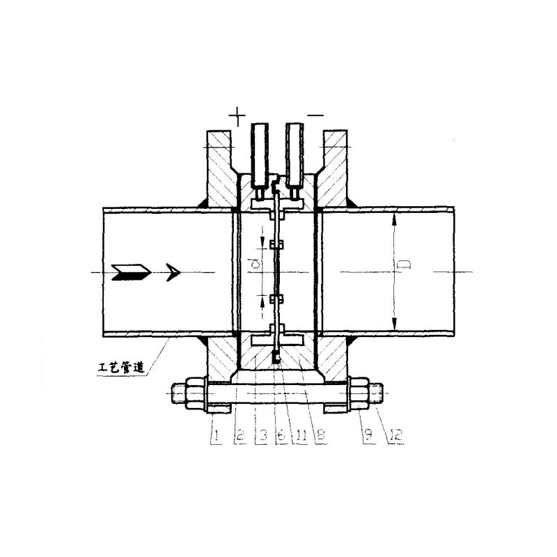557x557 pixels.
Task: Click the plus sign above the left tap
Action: pos(237,116)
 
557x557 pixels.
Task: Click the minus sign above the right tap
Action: pos(315,115)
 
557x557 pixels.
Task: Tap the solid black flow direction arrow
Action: pos(132,272)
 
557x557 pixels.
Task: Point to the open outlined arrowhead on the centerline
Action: pos(173,272)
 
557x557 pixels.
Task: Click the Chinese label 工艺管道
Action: pos(121,367)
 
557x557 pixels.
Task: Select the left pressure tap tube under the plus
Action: pos(260,155)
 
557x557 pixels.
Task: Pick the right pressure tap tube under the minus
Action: pos(295,155)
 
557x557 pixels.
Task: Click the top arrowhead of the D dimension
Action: pos(394,219)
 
